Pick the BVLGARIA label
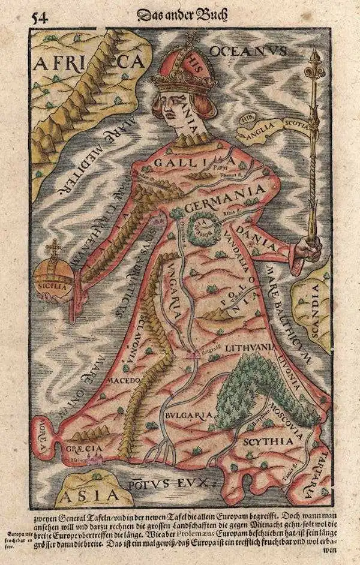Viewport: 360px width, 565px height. (x=187, y=414)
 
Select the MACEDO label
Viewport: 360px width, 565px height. (x=124, y=380)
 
